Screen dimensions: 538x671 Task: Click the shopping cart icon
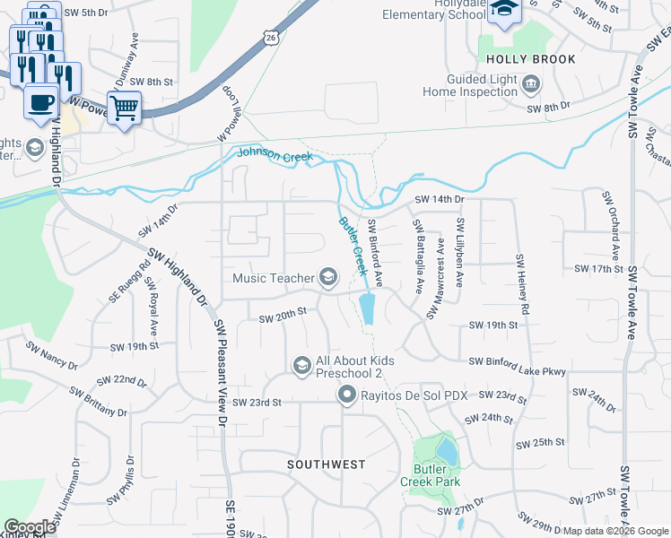[x=125, y=108]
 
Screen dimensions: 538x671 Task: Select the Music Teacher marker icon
[x=327, y=278]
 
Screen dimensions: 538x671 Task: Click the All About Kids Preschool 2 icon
[x=302, y=365]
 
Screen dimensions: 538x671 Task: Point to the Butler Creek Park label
[x=436, y=475]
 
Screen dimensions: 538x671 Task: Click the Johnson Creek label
[x=274, y=156]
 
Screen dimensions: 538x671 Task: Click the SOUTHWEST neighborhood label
[x=327, y=464]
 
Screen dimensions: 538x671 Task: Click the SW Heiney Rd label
[x=522, y=284]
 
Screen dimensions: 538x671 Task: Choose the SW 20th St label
[x=283, y=315]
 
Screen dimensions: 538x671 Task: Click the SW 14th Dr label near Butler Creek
[x=439, y=199]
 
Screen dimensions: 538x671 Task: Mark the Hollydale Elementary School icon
[x=505, y=11]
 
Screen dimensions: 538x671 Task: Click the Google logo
[x=29, y=527]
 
